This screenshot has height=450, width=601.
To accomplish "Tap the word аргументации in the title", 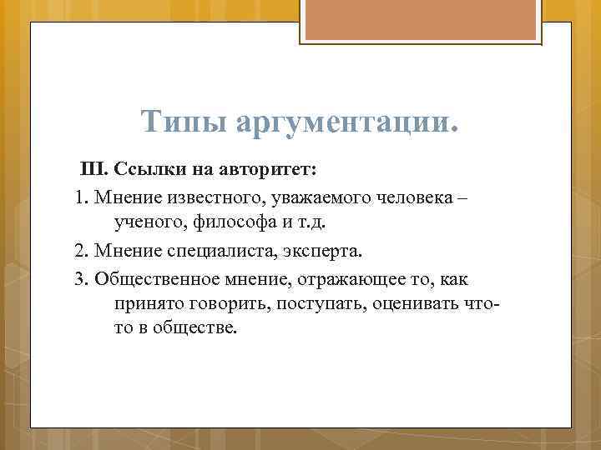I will click(347, 122).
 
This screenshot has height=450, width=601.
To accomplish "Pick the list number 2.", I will click(80, 251).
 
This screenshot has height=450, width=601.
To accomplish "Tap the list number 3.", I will click(80, 277).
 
